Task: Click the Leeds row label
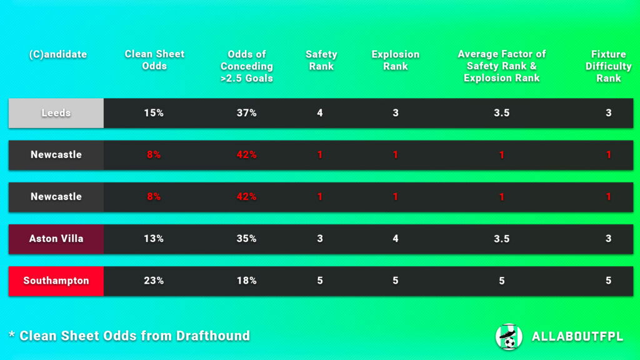tap(56, 113)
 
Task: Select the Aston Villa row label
tap(56, 239)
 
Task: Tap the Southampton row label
tap(56, 281)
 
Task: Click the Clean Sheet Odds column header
tap(154, 60)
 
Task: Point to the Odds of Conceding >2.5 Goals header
tap(247, 66)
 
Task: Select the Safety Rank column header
tap(321, 60)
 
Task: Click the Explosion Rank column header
tap(395, 60)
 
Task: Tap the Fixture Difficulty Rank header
tap(608, 66)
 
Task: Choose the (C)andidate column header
tap(57, 54)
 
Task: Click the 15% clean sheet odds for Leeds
tap(154, 113)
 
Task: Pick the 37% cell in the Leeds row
tap(247, 113)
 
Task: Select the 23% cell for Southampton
tap(154, 281)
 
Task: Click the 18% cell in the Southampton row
tap(247, 281)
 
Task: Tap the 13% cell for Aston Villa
tap(154, 239)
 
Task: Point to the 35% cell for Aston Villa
tap(247, 239)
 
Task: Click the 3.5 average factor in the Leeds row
tap(501, 113)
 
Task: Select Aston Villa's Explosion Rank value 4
tap(395, 239)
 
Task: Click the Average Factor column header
tap(501, 66)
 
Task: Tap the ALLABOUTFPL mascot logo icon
tap(508, 336)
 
